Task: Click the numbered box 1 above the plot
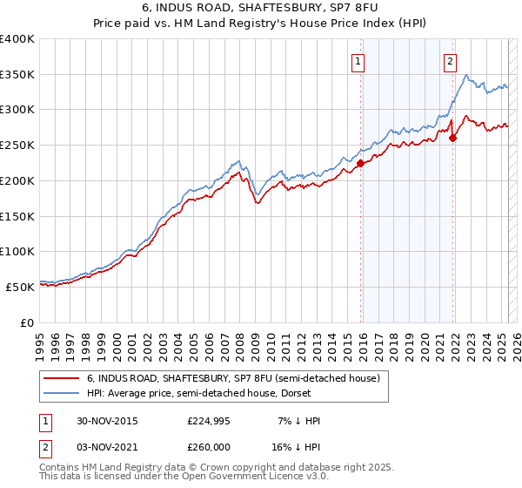pyautogui.click(x=358, y=61)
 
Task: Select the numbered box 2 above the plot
pyautogui.click(x=450, y=61)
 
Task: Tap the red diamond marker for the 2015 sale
pyautogui.click(x=360, y=162)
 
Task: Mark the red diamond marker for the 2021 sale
pyautogui.click(x=453, y=137)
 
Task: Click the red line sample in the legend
pyautogui.click(x=63, y=378)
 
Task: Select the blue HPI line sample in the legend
pyautogui.click(x=63, y=393)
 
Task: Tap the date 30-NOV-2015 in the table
pyautogui.click(x=107, y=420)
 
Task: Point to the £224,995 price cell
pyautogui.click(x=208, y=420)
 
